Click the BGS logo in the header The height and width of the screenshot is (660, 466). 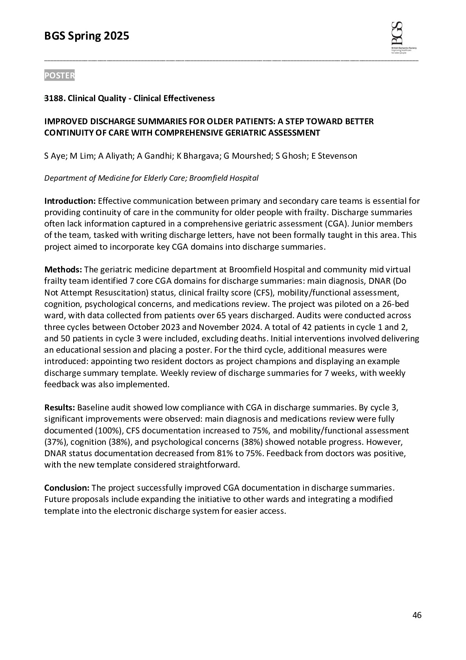pos(403,37)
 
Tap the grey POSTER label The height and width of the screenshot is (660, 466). pos(59,76)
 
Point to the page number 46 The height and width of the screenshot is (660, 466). pos(417,615)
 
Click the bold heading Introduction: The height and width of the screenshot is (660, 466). pos(70,201)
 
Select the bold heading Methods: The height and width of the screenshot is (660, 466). pos(63,270)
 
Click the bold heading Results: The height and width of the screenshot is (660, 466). pos(60,408)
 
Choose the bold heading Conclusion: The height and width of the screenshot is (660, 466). pos(67,488)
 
